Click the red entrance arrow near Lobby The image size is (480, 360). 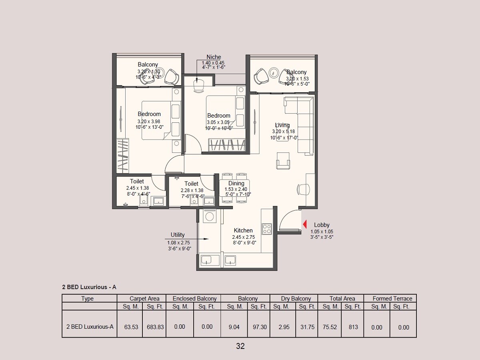click(305, 224)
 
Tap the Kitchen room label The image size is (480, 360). click(243, 230)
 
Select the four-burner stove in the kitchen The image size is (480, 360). click(267, 229)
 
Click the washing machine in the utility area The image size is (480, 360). click(210, 216)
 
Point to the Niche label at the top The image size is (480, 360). click(214, 57)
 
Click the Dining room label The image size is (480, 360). click(236, 184)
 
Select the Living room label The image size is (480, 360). click(282, 125)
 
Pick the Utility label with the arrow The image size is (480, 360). click(178, 235)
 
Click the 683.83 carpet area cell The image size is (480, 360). click(155, 327)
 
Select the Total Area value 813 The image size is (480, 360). click(353, 327)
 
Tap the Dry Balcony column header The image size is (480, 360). click(296, 298)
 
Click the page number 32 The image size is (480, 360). click(240, 346)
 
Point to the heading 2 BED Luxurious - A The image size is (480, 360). click(89, 287)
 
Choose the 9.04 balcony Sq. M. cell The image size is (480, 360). click(234, 327)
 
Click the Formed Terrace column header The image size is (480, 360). click(392, 298)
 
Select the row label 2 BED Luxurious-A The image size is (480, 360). click(90, 326)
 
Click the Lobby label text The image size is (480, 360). click(322, 225)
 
